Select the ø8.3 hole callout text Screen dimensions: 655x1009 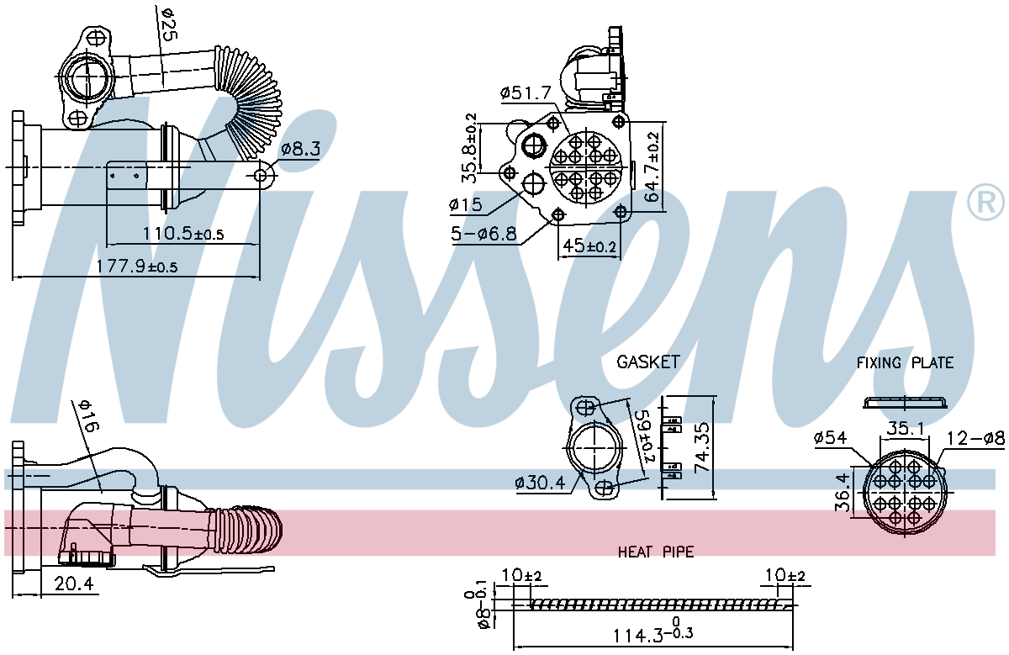(x=300, y=149)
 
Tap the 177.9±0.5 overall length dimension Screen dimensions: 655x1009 (x=136, y=266)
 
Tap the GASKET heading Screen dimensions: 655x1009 (x=647, y=362)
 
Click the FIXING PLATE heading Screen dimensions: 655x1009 (x=905, y=363)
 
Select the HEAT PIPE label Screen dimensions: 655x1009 (x=656, y=552)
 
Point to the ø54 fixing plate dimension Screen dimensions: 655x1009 (x=831, y=438)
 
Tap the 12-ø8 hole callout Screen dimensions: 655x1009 (x=976, y=438)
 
